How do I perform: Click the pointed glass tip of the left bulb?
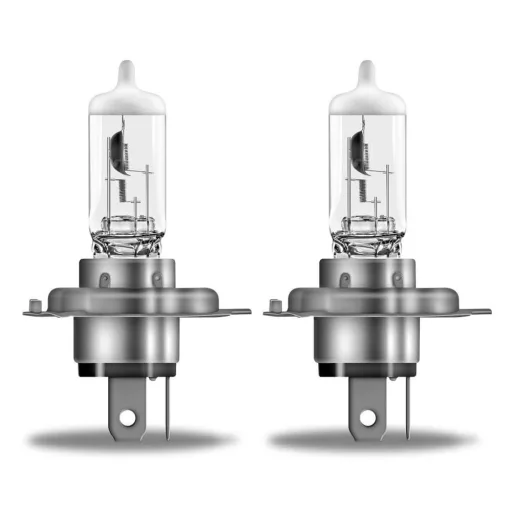click(126, 72)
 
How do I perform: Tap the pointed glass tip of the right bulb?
click(367, 72)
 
